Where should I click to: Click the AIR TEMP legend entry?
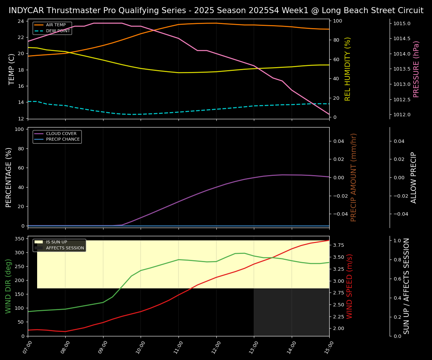tap(55, 25)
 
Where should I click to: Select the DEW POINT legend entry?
tap(58, 31)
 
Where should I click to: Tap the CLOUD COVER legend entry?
tap(61, 133)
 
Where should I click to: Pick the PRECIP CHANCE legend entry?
tap(63, 139)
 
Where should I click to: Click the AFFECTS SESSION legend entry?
tap(65, 248)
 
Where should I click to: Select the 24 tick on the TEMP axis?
tap(21, 21)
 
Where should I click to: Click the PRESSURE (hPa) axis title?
tap(416, 69)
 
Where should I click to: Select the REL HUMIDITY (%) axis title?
tap(348, 69)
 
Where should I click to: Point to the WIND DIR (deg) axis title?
tap(8, 286)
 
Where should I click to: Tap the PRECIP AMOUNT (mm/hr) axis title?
tap(354, 177)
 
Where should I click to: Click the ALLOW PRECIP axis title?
tap(414, 177)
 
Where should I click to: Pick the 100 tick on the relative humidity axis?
tap(336, 21)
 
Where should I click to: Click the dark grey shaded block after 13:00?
tap(291, 312)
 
